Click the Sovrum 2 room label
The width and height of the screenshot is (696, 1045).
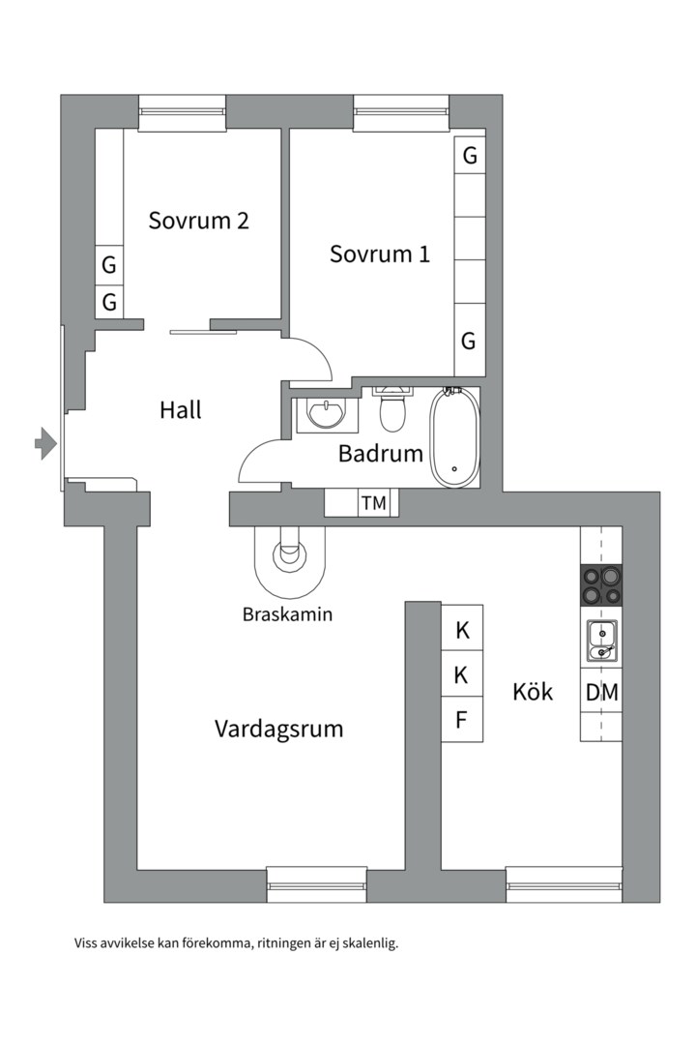pos(198,221)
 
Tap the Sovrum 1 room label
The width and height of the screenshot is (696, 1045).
pos(379,254)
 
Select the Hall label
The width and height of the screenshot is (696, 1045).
pos(181,410)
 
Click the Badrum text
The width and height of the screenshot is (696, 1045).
pos(381,453)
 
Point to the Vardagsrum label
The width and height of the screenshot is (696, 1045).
pos(278,729)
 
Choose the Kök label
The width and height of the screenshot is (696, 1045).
pos(533,692)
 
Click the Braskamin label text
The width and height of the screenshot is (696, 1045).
pos(287,613)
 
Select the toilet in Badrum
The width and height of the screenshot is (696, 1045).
pos(392,410)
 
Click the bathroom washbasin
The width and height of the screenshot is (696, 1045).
pos(326,414)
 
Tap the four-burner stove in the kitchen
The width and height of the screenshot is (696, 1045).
pos(600,585)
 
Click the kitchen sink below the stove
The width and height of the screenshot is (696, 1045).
pos(600,641)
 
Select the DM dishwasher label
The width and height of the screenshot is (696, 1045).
pos(601,693)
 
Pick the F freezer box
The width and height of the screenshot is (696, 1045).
pos(462,720)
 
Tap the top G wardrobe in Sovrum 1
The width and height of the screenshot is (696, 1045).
pos(470,155)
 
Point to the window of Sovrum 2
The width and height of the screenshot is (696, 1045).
pos(183,113)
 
